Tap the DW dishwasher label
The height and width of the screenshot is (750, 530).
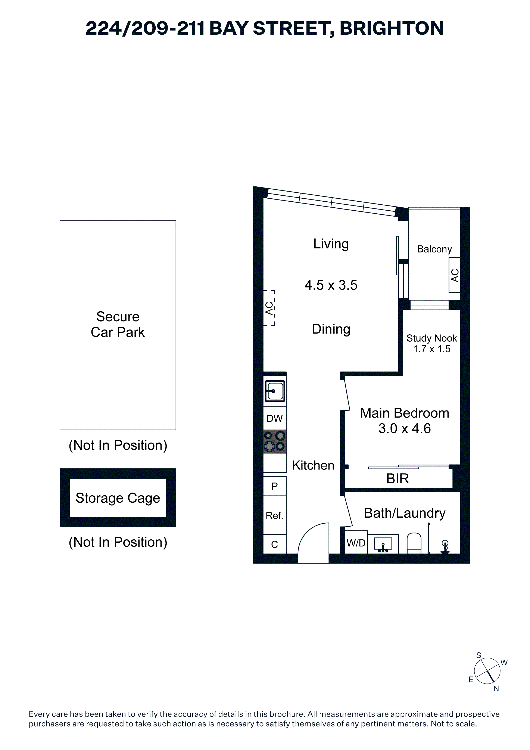pos(274,418)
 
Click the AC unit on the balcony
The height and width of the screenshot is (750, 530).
pos(455,275)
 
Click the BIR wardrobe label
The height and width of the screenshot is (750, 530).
pos(397,479)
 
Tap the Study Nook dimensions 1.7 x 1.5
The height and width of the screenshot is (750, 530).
pos(432,349)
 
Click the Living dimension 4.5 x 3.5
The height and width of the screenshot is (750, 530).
pos(331,285)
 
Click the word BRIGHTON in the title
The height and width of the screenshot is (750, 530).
pos(392,28)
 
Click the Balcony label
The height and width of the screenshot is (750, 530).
pos(434,249)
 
